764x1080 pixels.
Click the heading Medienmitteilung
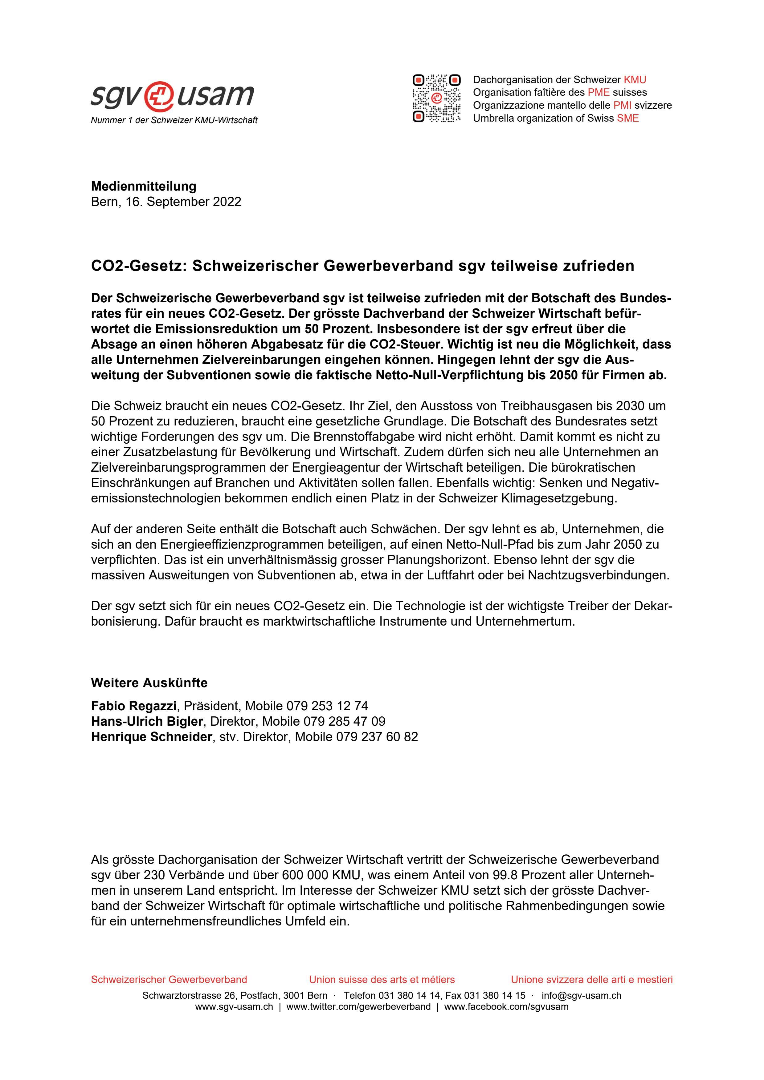click(144, 186)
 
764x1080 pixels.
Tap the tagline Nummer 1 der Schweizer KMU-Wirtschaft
click(174, 120)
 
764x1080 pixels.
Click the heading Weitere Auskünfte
click(149, 683)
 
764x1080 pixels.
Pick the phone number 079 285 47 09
click(344, 722)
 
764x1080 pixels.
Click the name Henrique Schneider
click(151, 737)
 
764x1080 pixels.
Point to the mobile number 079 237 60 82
click(377, 737)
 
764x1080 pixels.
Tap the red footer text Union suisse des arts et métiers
click(382, 980)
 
